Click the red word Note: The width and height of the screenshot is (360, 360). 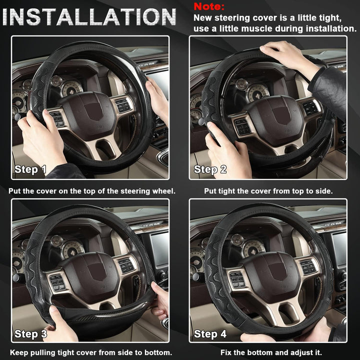[x=209, y=6]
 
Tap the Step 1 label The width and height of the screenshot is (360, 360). [x=30, y=169]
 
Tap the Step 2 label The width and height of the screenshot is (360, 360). [x=210, y=169]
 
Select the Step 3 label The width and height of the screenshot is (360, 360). [x=30, y=333]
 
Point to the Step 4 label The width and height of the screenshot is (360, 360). [x=210, y=333]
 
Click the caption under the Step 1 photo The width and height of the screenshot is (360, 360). [x=92, y=191]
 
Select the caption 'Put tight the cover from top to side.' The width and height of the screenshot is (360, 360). [x=268, y=191]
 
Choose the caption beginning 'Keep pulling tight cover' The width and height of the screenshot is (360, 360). [x=91, y=352]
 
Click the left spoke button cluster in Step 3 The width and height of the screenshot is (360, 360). [x=57, y=282]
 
